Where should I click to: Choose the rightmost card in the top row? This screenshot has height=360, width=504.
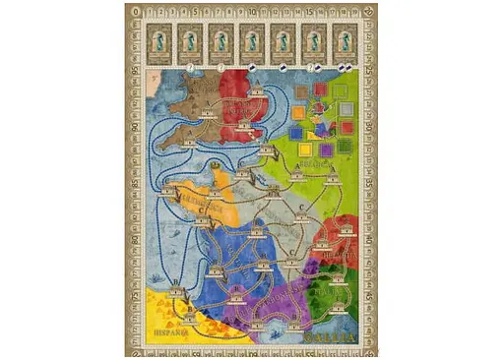pyautogui.click(x=345, y=41)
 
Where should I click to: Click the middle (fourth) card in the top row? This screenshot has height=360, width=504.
pyautogui.click(x=252, y=41)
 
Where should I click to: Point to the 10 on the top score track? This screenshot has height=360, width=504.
pyautogui.click(x=252, y=12)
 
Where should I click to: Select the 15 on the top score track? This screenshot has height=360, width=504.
pyautogui.click(x=311, y=12)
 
